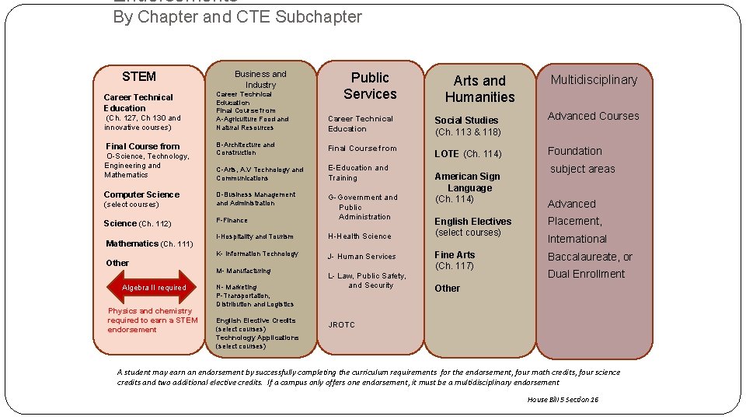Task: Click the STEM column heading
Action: (x=139, y=76)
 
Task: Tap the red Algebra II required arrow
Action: (x=153, y=287)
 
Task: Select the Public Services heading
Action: (x=370, y=86)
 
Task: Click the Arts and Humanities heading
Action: (x=479, y=89)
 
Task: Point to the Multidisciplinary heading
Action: (x=594, y=79)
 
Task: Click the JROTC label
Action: (x=341, y=325)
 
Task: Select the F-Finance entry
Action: (x=232, y=220)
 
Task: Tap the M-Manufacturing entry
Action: (x=243, y=271)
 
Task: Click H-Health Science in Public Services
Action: (x=359, y=236)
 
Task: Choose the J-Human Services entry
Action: (x=361, y=257)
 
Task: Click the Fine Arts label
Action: (x=455, y=255)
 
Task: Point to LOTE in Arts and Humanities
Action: (x=447, y=154)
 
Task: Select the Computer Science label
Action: (x=141, y=194)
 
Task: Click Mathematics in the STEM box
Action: (x=132, y=243)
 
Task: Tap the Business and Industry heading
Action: (x=260, y=79)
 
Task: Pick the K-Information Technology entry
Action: (x=256, y=254)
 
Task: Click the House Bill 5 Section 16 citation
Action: (x=563, y=399)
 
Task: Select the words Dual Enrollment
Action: (x=586, y=274)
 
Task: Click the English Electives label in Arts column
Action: (x=472, y=222)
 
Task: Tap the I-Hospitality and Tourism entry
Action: (x=254, y=236)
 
